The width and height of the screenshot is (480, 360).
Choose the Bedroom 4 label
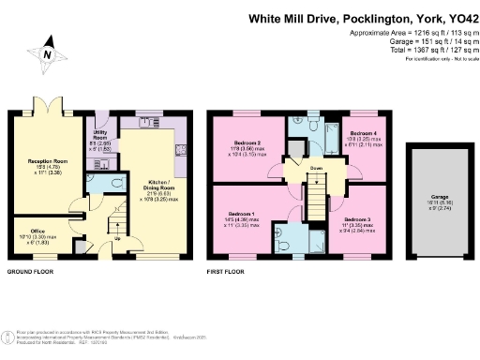[x=362, y=133]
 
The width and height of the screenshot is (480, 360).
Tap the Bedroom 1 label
[x=241, y=217]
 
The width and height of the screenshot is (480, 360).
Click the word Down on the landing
[x=319, y=170]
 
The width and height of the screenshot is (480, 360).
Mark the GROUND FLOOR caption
[x=30, y=273]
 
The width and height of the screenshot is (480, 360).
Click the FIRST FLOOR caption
[x=228, y=273]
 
